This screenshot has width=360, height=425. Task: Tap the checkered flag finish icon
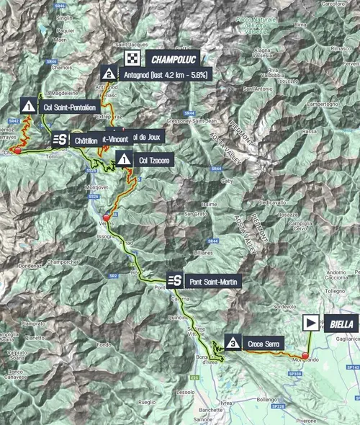coord(132,58)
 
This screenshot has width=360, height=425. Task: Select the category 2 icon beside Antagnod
coord(108,73)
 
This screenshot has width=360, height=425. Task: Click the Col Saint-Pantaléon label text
coord(69,107)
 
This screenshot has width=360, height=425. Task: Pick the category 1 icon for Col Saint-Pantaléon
coord(28,106)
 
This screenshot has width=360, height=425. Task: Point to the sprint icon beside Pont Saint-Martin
coord(174,281)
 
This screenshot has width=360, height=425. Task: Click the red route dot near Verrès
coord(107,218)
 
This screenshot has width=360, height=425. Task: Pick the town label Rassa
coord(310,133)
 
